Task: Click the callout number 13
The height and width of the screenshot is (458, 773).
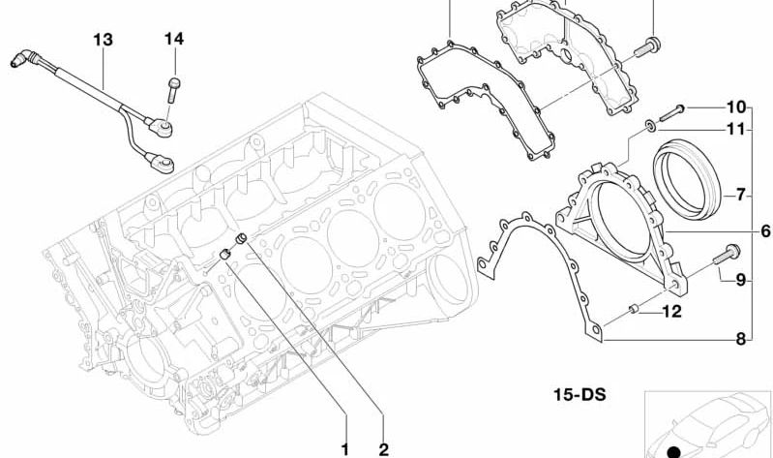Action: pyautogui.click(x=103, y=40)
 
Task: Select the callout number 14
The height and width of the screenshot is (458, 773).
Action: pyautogui.click(x=174, y=39)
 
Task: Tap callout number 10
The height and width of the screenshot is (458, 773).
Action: pyautogui.click(x=736, y=107)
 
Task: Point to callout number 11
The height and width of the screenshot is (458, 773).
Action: pyautogui.click(x=736, y=130)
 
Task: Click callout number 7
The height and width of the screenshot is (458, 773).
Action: pyautogui.click(x=741, y=196)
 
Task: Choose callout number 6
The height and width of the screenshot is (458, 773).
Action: pyautogui.click(x=765, y=230)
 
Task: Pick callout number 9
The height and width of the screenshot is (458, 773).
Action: pyautogui.click(x=741, y=280)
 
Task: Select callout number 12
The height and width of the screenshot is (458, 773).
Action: pyautogui.click(x=672, y=312)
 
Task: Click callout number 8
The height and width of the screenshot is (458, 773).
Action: pyautogui.click(x=741, y=339)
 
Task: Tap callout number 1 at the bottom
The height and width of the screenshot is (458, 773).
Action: pyautogui.click(x=345, y=449)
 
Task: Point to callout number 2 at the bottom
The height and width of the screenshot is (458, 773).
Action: pyautogui.click(x=383, y=449)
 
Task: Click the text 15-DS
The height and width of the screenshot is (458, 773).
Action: pyautogui.click(x=580, y=395)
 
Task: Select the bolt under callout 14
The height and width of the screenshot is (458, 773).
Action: pyautogui.click(x=173, y=89)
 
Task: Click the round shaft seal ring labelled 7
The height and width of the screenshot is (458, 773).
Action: pyautogui.click(x=687, y=179)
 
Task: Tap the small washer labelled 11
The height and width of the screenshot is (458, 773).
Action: pyautogui.click(x=651, y=126)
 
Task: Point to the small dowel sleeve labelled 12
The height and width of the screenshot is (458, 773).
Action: pyautogui.click(x=634, y=309)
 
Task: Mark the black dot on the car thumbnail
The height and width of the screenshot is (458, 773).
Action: pyautogui.click(x=673, y=452)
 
